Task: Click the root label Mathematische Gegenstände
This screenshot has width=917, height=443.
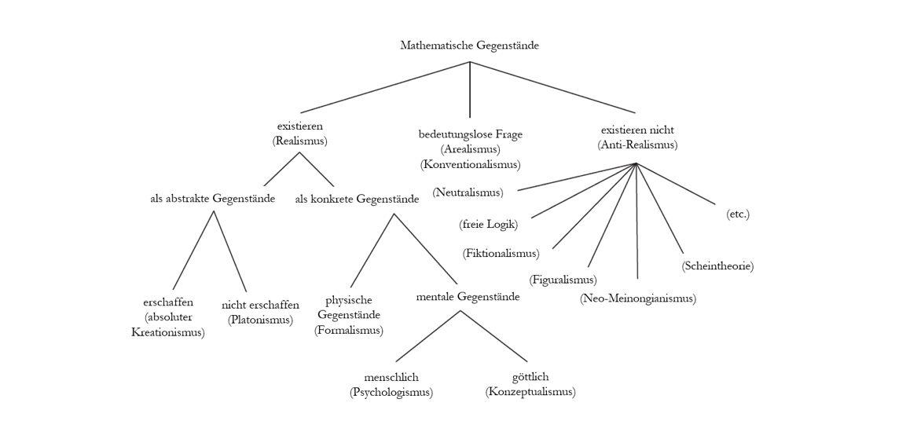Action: point(469,46)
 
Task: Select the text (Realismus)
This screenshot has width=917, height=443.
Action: point(299,141)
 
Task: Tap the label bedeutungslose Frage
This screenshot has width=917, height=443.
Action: point(470,134)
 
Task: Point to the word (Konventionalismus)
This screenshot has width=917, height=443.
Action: point(470,164)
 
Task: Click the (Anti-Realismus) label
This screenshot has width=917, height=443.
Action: point(636,145)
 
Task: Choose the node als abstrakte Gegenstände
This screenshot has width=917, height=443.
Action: point(212,199)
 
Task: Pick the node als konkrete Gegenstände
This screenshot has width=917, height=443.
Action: point(357,200)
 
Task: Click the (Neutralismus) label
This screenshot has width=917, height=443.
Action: point(468,192)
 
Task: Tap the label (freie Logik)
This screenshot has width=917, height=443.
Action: point(488,224)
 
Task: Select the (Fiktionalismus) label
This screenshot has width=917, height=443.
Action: point(501,253)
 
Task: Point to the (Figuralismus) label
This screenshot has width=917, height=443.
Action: point(563,280)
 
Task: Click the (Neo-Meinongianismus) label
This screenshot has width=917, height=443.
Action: point(637,298)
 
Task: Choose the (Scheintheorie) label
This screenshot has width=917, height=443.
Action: point(717,266)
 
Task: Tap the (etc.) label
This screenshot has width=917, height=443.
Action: point(738,214)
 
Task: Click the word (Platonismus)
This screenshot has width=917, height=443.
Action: point(260,320)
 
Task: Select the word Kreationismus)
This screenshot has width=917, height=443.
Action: point(167,332)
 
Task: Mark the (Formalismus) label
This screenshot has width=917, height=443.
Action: point(348,330)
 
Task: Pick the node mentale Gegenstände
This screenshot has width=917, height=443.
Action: point(468,297)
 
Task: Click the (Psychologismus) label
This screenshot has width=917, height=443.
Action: point(391,392)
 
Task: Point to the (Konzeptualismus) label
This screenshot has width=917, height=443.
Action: point(530,392)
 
